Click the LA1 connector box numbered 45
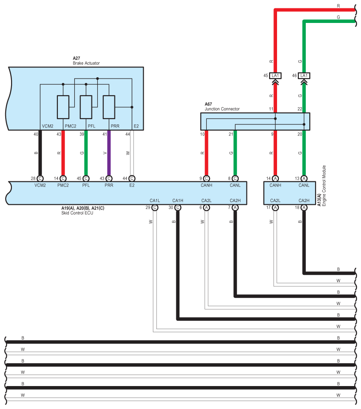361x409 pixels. pyautogui.click(x=275, y=76)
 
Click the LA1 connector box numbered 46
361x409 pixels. pyautogui.click(x=304, y=76)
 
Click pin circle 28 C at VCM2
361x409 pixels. pyautogui.click(x=40, y=178)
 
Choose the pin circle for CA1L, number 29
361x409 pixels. pyautogui.click(x=155, y=207)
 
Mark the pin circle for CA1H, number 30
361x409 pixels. pyautogui.click(x=178, y=207)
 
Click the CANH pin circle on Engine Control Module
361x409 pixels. pyautogui.click(x=275, y=178)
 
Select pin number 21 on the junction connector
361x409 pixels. pyautogui.click(x=230, y=134)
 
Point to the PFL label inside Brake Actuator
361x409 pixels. pyautogui.click(x=91, y=126)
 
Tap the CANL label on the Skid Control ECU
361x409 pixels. pyautogui.click(x=235, y=185)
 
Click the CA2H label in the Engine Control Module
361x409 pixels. pyautogui.click(x=304, y=201)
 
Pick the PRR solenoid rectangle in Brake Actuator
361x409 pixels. pyautogui.click(x=109, y=107)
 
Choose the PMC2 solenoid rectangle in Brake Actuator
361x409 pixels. pyautogui.click(x=63, y=107)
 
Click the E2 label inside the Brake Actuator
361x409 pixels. pyautogui.click(x=136, y=126)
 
